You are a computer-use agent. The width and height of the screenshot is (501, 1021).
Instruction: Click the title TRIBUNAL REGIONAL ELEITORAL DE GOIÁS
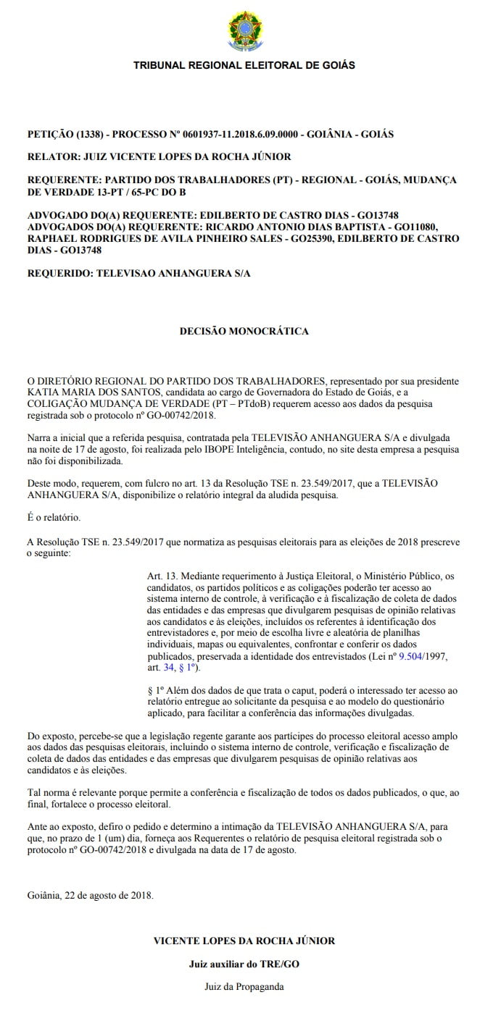(244, 65)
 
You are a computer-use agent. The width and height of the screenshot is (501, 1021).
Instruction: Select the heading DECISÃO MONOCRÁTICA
(244, 332)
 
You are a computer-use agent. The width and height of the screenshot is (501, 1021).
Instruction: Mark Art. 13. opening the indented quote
(163, 576)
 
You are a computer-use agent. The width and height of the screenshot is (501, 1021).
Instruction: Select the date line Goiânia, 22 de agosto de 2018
(90, 895)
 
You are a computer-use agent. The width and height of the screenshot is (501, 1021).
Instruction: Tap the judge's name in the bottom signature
(244, 941)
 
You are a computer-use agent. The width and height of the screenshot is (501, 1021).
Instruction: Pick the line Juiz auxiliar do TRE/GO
(244, 965)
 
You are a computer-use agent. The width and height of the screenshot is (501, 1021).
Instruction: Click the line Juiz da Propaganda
(244, 986)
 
